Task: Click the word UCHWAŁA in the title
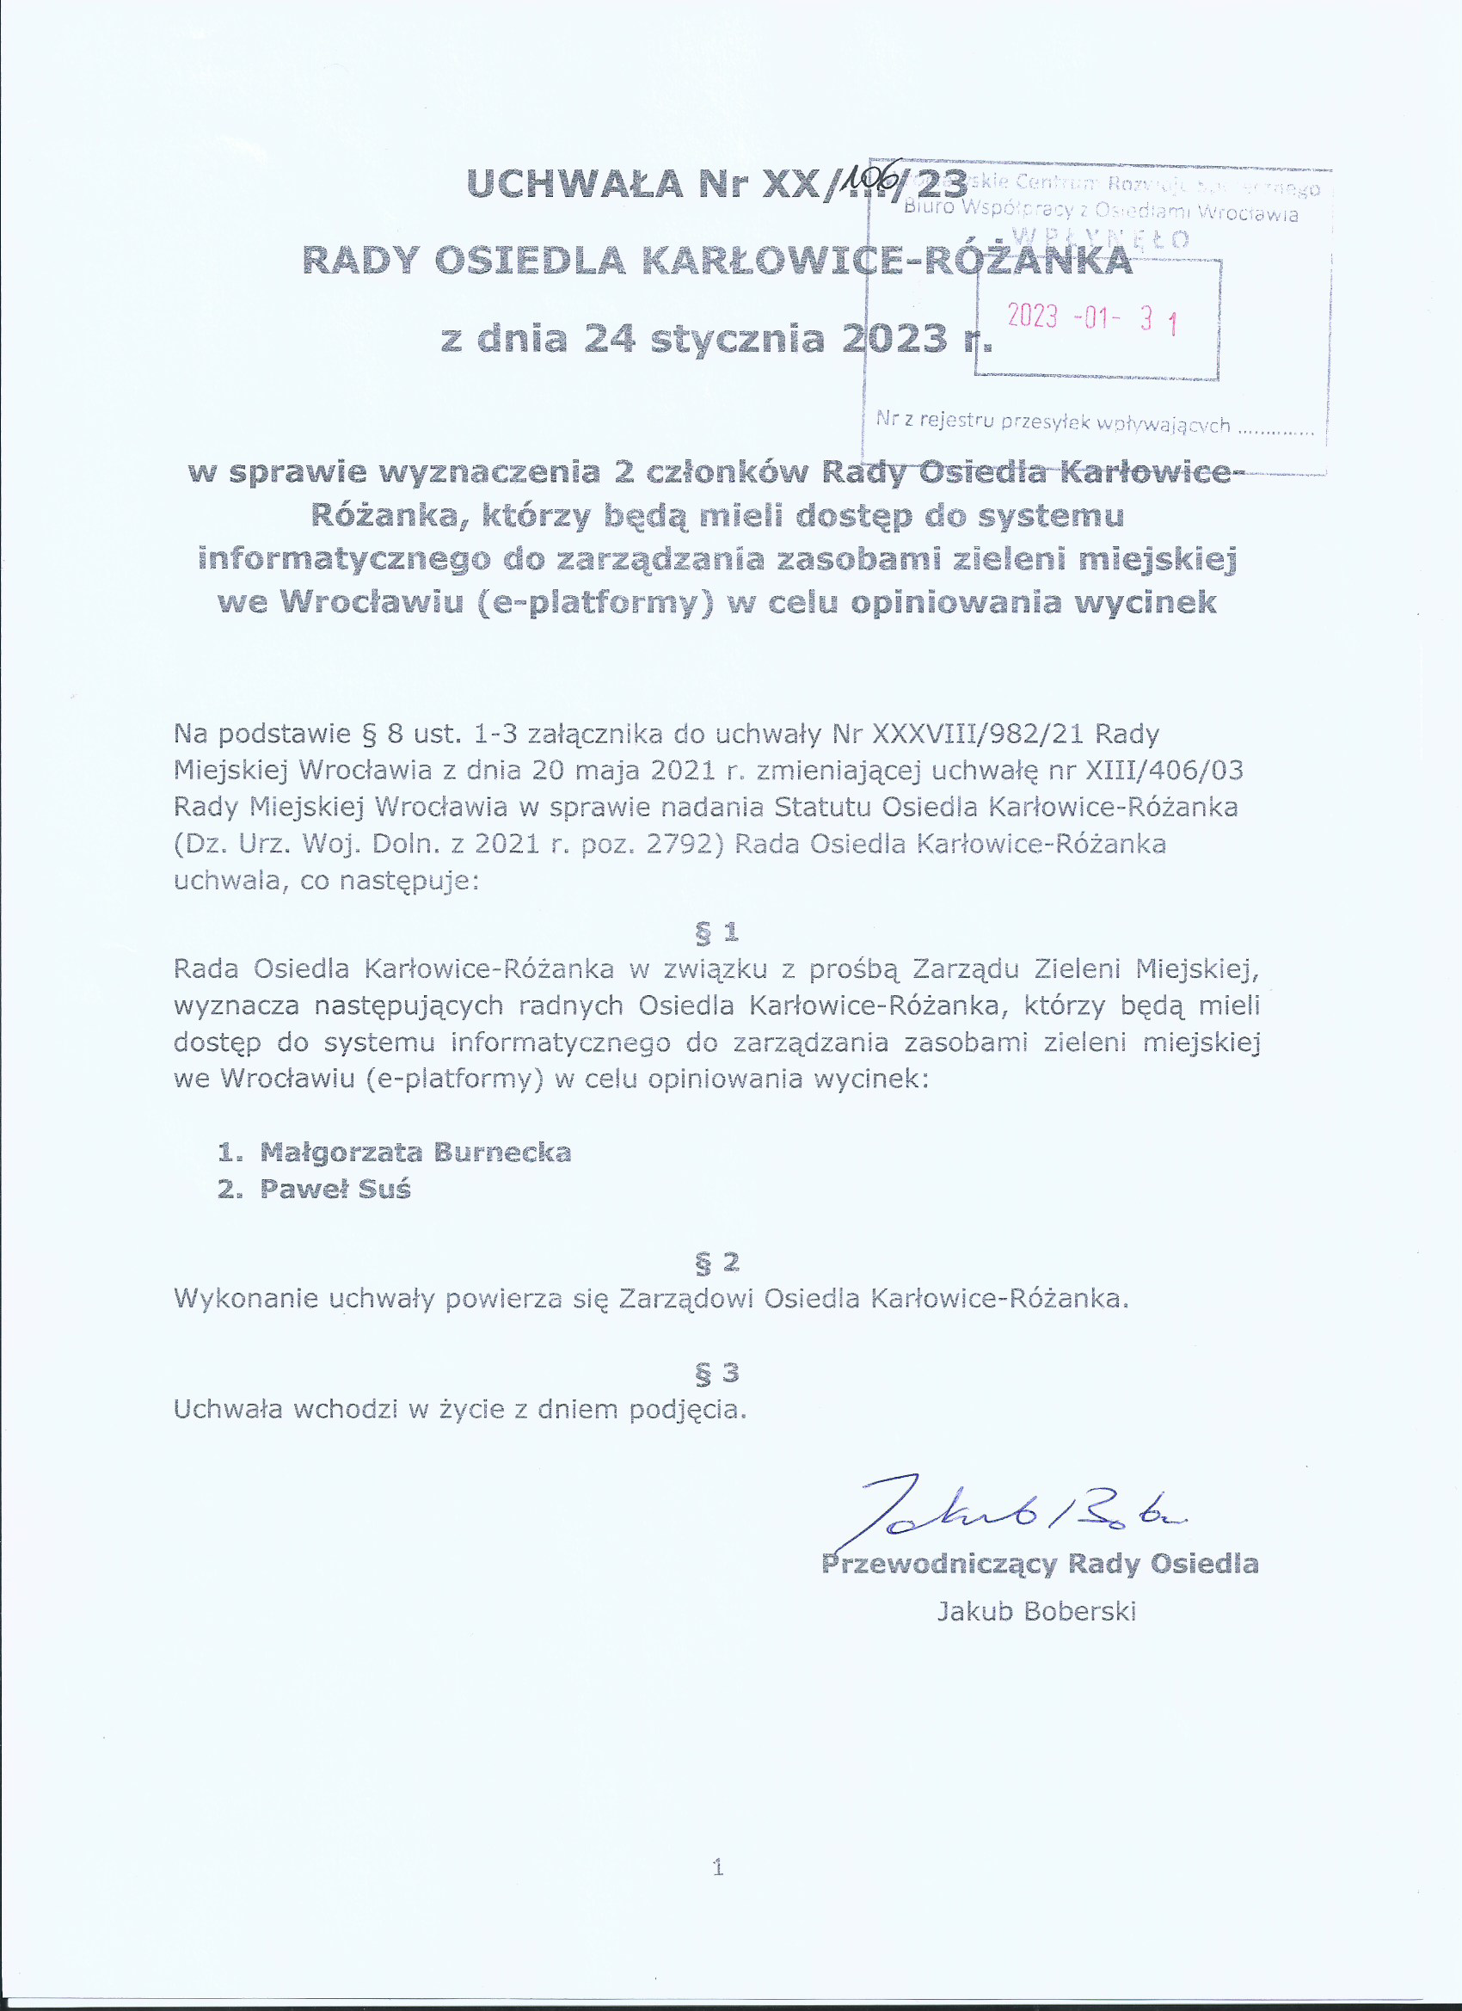[574, 184]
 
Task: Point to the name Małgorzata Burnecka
[415, 1153]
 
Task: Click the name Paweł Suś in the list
[335, 1189]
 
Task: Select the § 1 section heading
[716, 932]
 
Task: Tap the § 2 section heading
[716, 1262]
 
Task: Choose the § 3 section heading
[716, 1373]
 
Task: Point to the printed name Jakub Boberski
[1036, 1611]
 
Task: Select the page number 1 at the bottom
[717, 1868]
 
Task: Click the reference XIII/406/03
[1164, 771]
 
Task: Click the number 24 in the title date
[609, 339]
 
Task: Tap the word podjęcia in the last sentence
[687, 1410]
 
